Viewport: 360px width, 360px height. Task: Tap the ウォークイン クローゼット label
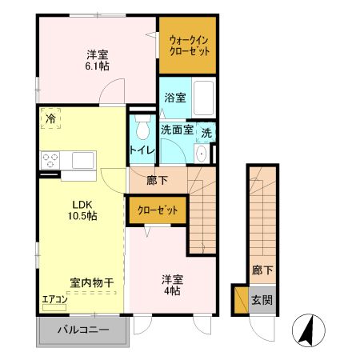tap(190, 45)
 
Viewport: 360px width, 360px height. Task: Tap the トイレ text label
tap(142, 150)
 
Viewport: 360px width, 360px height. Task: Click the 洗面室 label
tap(176, 130)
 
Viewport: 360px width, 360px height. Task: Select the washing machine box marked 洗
tap(206, 132)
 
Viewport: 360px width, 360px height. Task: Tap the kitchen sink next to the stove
tap(83, 159)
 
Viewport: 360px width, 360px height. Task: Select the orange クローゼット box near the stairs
tap(157, 210)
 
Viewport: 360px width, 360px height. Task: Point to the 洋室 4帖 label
tap(173, 286)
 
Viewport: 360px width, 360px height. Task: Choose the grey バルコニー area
tap(82, 329)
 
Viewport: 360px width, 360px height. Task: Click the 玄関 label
tap(262, 300)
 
